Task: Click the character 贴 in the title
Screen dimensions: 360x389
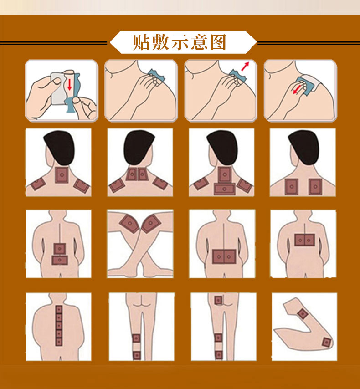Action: tap(141, 42)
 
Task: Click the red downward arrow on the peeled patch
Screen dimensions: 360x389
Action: tap(70, 84)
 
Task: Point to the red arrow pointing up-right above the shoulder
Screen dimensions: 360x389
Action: tap(245, 66)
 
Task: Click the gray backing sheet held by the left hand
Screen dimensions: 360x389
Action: tap(59, 88)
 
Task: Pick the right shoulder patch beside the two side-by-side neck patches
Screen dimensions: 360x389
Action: tap(160, 183)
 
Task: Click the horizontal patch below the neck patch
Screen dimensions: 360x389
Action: tap(224, 189)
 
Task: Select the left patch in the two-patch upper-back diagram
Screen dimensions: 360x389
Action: tap(291, 187)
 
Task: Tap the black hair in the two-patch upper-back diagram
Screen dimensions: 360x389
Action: tap(304, 146)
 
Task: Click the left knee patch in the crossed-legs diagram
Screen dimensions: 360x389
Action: tap(129, 224)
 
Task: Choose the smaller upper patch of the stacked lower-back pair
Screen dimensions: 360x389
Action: tap(60, 249)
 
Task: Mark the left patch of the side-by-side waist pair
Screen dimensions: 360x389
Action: tap(218, 257)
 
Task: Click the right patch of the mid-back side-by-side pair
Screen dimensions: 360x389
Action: tap(309, 240)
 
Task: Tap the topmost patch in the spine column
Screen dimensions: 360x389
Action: tap(59, 310)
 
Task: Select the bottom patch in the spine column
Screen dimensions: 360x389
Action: tap(59, 342)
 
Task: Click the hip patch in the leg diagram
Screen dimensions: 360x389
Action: tap(218, 301)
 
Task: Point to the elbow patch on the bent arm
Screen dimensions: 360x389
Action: tap(326, 343)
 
